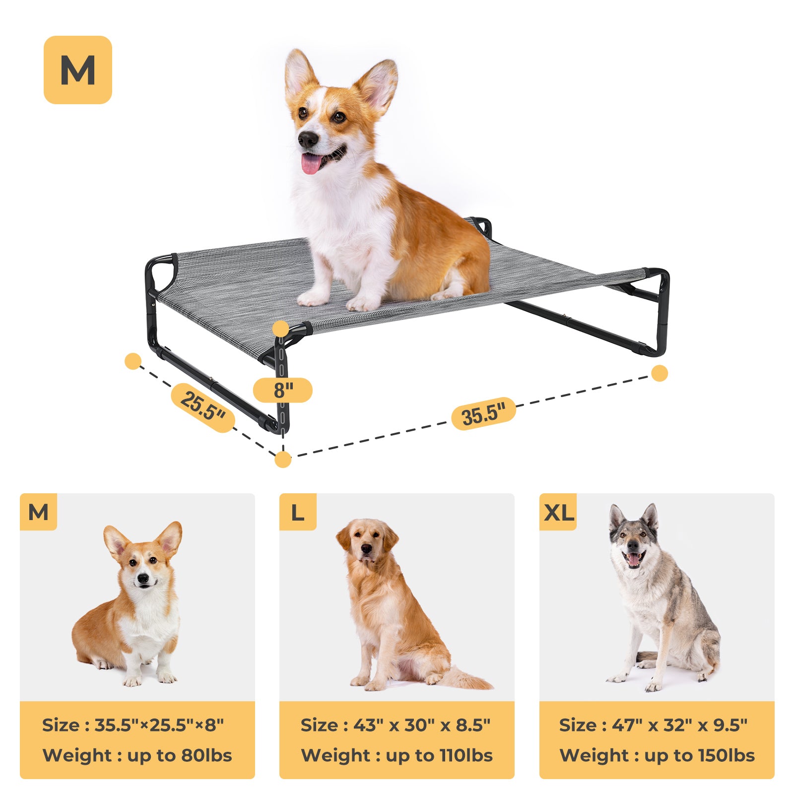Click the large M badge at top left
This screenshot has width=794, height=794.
(78, 70)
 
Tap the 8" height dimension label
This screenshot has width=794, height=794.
(283, 390)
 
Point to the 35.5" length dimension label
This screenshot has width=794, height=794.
(483, 413)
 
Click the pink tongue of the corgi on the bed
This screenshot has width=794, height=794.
(311, 163)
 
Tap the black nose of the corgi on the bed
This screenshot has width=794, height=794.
(308, 139)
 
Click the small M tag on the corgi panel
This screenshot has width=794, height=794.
(39, 512)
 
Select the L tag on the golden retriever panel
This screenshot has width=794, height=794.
(298, 512)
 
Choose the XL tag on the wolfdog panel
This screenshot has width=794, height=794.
(558, 512)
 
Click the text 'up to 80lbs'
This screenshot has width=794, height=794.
(180, 755)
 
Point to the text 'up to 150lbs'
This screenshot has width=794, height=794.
(699, 755)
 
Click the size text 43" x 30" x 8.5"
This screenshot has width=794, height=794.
(422, 725)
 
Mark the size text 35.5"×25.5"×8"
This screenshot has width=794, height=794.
(159, 725)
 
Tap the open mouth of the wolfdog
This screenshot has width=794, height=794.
(634, 559)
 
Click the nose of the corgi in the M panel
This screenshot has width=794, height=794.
(143, 578)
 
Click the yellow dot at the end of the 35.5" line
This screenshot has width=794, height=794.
(660, 373)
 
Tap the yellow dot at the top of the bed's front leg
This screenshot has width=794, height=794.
(281, 329)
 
